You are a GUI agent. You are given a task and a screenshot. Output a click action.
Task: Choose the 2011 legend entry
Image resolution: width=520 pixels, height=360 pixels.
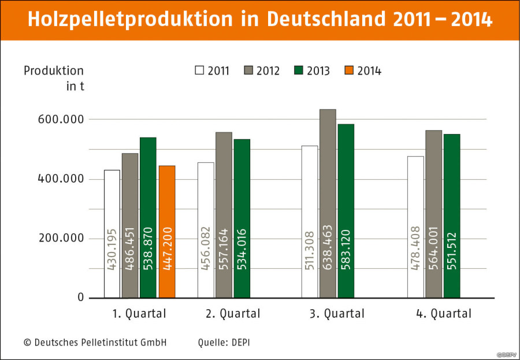click(x=212, y=71)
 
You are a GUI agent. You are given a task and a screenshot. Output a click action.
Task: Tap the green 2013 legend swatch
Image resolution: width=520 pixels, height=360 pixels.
click(x=299, y=70)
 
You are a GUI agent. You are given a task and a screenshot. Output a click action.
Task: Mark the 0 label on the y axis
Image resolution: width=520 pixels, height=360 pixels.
click(x=80, y=298)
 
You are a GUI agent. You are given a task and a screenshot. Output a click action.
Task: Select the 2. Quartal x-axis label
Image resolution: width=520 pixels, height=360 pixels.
click(x=233, y=314)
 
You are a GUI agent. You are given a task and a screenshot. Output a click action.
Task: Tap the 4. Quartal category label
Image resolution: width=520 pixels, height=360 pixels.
click(x=444, y=314)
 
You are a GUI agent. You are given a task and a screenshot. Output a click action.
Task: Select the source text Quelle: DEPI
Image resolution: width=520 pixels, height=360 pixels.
click(x=224, y=342)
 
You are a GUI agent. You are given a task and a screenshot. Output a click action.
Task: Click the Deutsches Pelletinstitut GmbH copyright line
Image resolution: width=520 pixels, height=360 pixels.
click(x=95, y=342)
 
